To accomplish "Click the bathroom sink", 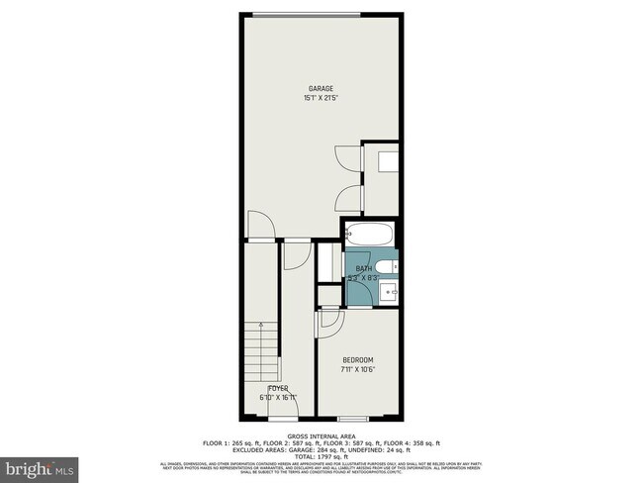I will [390, 293].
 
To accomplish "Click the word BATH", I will [363, 269].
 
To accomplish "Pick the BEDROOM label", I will [357, 359].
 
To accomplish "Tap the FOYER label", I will [277, 388].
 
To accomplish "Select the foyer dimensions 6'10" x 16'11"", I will [277, 397].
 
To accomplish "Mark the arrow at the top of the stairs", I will [259, 326].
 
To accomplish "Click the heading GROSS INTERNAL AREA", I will [321, 435].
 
